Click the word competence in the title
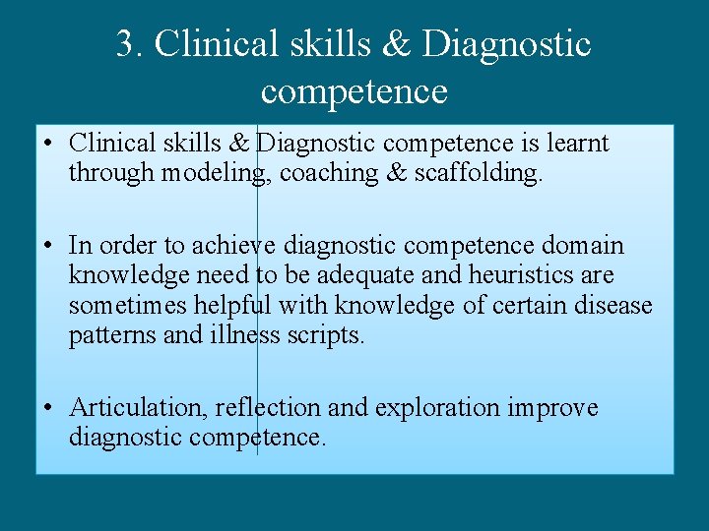point(354,91)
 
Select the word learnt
point(579,145)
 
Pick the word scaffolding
point(477,174)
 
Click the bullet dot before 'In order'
point(49,245)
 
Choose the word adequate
point(339,275)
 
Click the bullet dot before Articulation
point(49,408)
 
